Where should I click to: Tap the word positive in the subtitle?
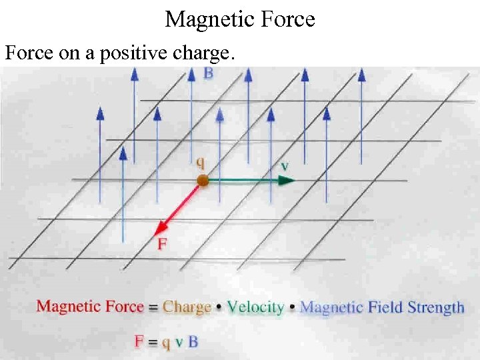pyautogui.click(x=126, y=53)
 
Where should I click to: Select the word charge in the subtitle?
pyautogui.click(x=201, y=53)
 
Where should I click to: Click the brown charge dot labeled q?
pyautogui.click(x=203, y=181)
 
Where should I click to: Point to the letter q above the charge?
pyautogui.click(x=200, y=162)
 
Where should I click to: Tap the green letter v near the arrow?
pyautogui.click(x=285, y=165)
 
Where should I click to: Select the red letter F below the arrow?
pyautogui.click(x=162, y=245)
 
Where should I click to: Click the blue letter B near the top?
pyautogui.click(x=208, y=73)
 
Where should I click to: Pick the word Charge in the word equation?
pyautogui.click(x=187, y=307)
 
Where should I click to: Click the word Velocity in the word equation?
pyautogui.click(x=255, y=307)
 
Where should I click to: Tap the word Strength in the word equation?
pyautogui.click(x=436, y=307)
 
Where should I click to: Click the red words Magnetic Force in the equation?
pyautogui.click(x=90, y=307)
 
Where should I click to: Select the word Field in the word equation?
pyautogui.click(x=385, y=307)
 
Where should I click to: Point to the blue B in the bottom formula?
pyautogui.click(x=193, y=342)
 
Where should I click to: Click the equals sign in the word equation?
pyautogui.click(x=153, y=308)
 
